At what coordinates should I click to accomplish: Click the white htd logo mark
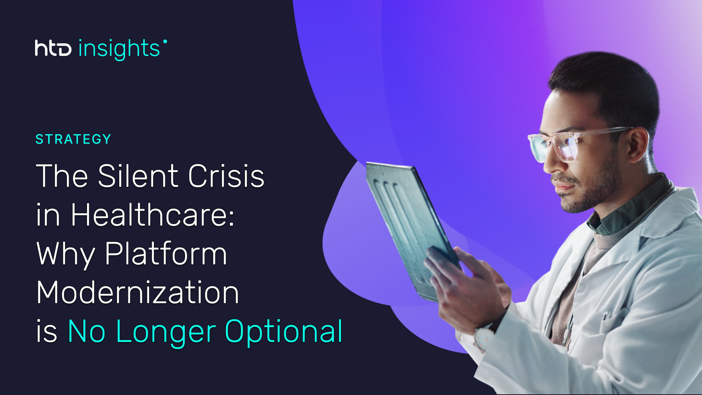point(53,48)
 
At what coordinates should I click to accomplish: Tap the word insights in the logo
point(119,49)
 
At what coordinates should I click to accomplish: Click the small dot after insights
point(165,41)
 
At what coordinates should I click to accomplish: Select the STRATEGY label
point(73,139)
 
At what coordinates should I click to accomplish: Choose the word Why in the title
point(66,254)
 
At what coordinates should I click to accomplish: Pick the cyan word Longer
point(166,332)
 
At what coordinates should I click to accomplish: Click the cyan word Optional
point(284,332)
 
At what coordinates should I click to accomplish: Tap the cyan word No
point(86,331)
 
